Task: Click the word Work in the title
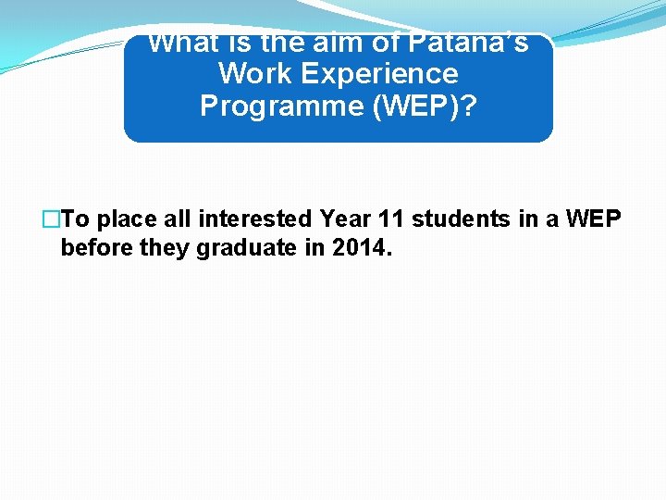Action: click(250, 74)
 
